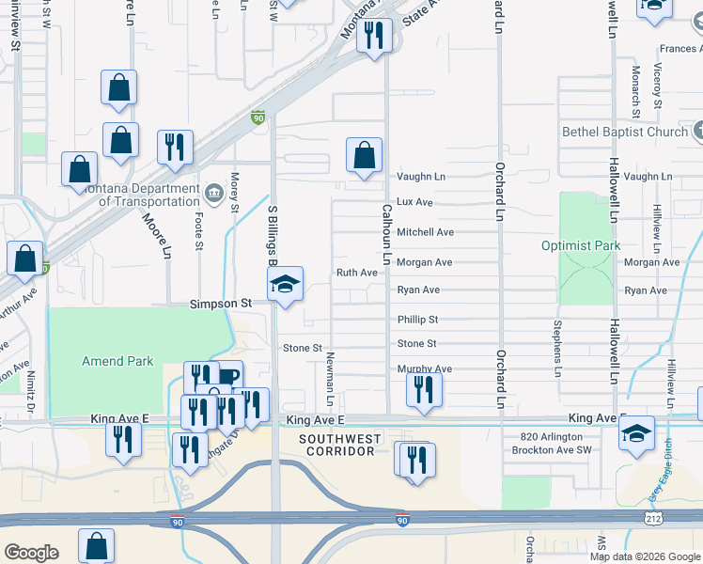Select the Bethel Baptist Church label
625,133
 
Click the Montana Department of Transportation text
142,194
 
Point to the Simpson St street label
221,305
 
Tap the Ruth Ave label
357,273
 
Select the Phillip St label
417,320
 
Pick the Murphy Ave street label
425,368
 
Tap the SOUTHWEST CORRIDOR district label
340,446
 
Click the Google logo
31,552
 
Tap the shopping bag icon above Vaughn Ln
364,155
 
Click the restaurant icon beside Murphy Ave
425,389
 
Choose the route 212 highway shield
651,518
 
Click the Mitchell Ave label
425,232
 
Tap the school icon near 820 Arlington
636,433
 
